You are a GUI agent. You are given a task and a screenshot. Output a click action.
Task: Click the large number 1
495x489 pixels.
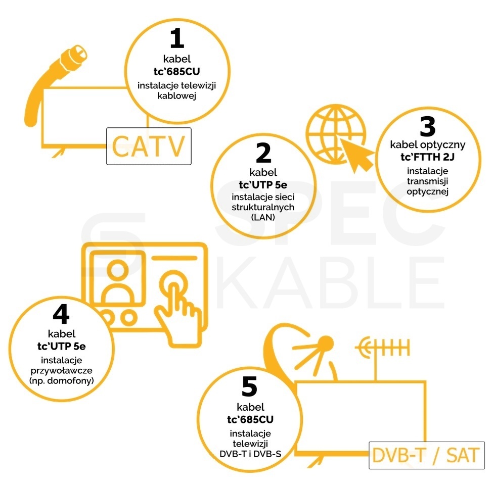tap(177, 38)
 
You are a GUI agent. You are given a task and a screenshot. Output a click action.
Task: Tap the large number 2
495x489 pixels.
tap(263, 153)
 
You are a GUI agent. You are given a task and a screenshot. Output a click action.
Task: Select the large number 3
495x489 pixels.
tap(428, 126)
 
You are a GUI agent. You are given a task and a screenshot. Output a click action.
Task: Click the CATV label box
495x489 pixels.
tap(149, 146)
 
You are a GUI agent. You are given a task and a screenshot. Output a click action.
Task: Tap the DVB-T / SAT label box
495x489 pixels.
tap(427, 455)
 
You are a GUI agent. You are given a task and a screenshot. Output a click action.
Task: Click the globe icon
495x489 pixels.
tap(335, 134)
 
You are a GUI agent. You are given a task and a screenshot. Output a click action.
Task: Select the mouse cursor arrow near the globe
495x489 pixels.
tap(357, 155)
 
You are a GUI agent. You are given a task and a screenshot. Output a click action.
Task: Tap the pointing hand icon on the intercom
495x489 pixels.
tap(178, 316)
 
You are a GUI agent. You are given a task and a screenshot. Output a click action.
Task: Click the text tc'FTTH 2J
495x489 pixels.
tap(427, 157)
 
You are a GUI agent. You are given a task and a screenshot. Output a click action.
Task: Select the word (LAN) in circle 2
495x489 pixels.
tap(263, 217)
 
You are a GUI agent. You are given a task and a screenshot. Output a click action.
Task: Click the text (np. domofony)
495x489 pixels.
tap(62, 381)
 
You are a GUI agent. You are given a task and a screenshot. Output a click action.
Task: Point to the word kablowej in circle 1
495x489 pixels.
tap(177, 95)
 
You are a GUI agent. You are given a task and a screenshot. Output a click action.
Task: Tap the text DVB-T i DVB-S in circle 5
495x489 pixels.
tap(250, 454)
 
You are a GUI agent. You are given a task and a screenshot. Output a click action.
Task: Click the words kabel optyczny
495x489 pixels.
tap(427, 145)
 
